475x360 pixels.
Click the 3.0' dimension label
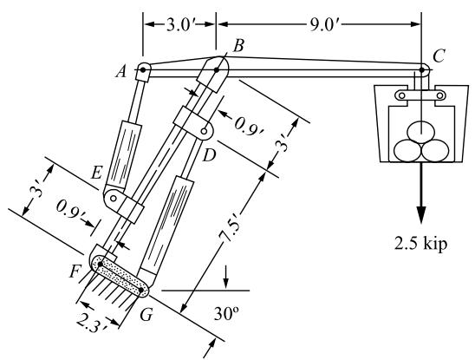[x=179, y=25]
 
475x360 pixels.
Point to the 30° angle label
[x=225, y=314]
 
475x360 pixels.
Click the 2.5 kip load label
[x=420, y=243]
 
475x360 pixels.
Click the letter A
[x=121, y=72]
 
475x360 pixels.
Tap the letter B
[x=238, y=46]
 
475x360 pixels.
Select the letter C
[x=439, y=56]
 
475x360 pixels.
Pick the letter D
[x=209, y=155]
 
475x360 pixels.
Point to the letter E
[x=96, y=173]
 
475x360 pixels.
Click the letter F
[x=75, y=272]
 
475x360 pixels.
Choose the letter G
[x=146, y=315]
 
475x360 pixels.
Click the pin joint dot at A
[x=143, y=69]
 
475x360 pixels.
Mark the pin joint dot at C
[x=421, y=69]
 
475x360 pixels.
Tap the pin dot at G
[x=141, y=290]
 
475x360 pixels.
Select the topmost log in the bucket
[x=421, y=131]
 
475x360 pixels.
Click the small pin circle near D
[x=205, y=131]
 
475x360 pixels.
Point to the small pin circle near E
[x=114, y=199]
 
